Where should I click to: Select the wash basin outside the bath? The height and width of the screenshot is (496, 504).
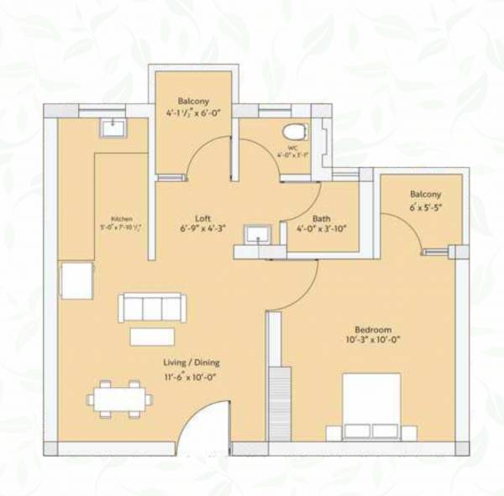tap(255, 234)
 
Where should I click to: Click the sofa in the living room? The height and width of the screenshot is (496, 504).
tap(150, 307)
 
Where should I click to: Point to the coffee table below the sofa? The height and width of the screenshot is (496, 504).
tap(152, 336)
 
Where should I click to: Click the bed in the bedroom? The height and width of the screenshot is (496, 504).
tap(370, 407)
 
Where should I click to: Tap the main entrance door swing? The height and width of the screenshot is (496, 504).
tap(206, 424)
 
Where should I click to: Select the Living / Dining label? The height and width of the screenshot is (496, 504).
tap(192, 363)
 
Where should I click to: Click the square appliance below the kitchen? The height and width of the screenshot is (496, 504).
tap(76, 280)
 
